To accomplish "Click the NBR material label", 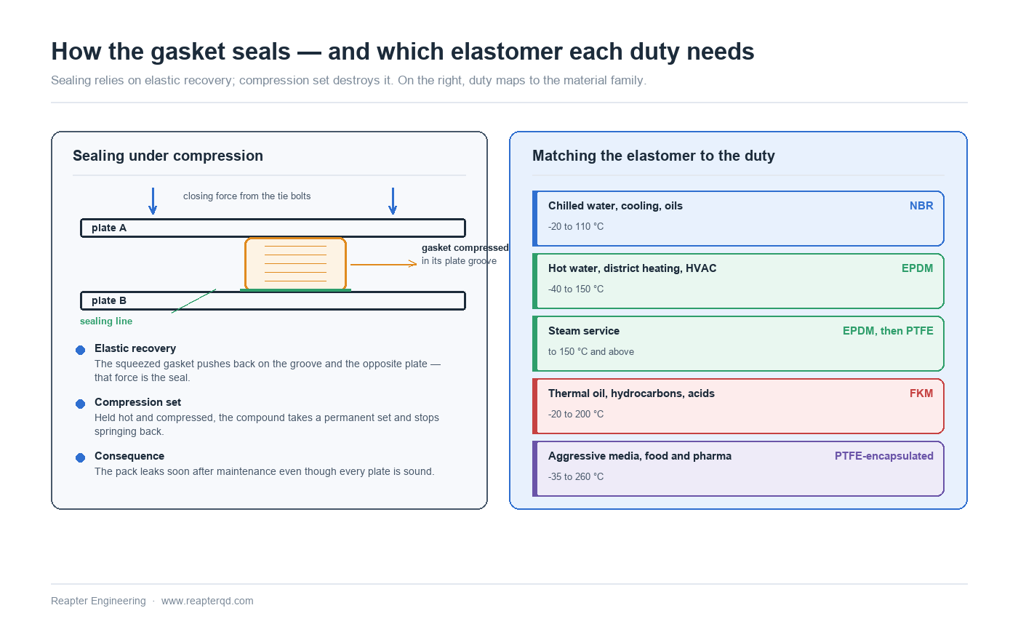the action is [x=921, y=206].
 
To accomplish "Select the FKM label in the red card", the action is [x=921, y=393].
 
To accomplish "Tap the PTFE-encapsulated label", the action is [x=884, y=456].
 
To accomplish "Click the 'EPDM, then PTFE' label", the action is [x=888, y=331].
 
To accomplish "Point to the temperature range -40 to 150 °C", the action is [x=576, y=289].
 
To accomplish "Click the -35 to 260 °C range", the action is [x=576, y=477].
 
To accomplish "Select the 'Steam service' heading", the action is [x=583, y=331].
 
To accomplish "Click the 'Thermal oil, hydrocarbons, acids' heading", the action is [x=631, y=393].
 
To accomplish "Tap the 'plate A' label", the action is [x=109, y=228].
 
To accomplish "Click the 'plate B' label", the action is [x=109, y=300].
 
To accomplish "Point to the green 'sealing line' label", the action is [x=106, y=321].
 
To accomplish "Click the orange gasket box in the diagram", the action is [x=295, y=263].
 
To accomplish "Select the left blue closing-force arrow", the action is [x=153, y=201].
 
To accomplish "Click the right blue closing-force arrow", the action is [x=393, y=201].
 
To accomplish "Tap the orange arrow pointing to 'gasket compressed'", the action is [x=384, y=264].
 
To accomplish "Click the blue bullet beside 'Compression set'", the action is [x=81, y=404].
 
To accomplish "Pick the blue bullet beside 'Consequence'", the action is [x=81, y=457].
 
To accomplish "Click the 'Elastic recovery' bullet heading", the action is [x=135, y=348].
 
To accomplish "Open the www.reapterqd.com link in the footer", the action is [x=207, y=601].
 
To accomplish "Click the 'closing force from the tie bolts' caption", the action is [x=247, y=196].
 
